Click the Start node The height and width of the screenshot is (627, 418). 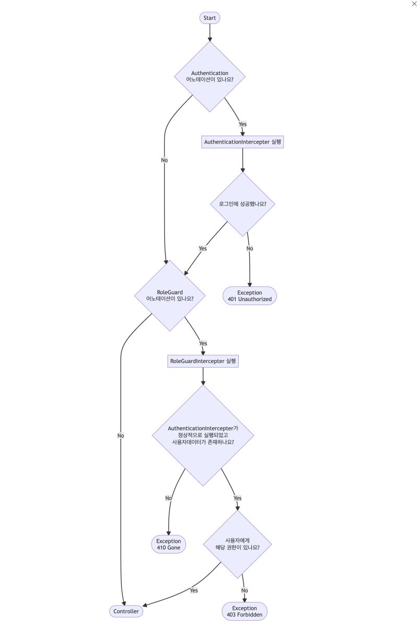click(210, 18)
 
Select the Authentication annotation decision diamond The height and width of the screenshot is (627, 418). click(210, 76)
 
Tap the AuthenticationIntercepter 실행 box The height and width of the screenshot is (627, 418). click(242, 142)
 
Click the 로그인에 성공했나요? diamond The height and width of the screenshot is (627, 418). click(242, 204)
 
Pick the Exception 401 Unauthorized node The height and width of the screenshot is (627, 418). click(250, 296)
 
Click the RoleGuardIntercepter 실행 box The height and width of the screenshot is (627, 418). click(203, 361)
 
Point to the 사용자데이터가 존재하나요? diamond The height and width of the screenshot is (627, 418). click(203, 436)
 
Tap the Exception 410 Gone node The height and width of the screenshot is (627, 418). click(168, 545)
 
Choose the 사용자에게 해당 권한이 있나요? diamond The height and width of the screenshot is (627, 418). click(238, 544)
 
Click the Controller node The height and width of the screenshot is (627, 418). click(126, 611)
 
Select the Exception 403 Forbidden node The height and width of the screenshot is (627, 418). click(245, 611)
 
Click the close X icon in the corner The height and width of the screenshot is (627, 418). click(414, 4)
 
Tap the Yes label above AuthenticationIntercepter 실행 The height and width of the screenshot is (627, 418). click(242, 124)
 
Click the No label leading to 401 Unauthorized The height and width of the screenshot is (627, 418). click(250, 248)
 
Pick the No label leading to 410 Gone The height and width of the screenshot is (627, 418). click(169, 498)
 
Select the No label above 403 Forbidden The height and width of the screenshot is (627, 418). click(244, 590)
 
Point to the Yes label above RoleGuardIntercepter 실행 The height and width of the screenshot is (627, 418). click(203, 343)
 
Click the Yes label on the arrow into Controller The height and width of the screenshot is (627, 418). click(194, 590)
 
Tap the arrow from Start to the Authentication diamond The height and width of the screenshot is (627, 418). click(210, 32)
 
